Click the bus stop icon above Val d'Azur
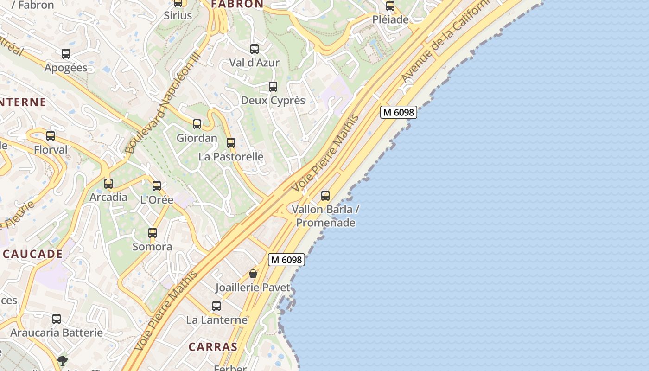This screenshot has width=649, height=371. (255, 49)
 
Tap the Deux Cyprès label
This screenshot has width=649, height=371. (273, 100)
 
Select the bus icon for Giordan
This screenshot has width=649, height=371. (197, 124)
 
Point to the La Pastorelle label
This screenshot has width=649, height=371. (231, 157)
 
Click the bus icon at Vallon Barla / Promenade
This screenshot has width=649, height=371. (325, 196)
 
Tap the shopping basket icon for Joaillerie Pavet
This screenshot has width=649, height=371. (253, 274)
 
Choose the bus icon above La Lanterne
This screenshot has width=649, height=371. (216, 306)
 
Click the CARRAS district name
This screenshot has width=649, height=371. (213, 347)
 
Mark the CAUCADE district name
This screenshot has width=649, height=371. (32, 254)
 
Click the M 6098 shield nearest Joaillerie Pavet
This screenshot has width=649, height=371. (286, 260)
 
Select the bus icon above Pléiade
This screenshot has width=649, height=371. (390, 6)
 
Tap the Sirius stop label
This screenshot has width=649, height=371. (178, 16)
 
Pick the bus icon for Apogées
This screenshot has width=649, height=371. (66, 54)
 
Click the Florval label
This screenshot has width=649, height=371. (51, 150)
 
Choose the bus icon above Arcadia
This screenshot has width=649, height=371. (108, 184)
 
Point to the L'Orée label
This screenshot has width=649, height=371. (157, 200)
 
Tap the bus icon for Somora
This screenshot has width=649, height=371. (153, 233)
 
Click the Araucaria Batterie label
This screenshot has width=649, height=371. (57, 333)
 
